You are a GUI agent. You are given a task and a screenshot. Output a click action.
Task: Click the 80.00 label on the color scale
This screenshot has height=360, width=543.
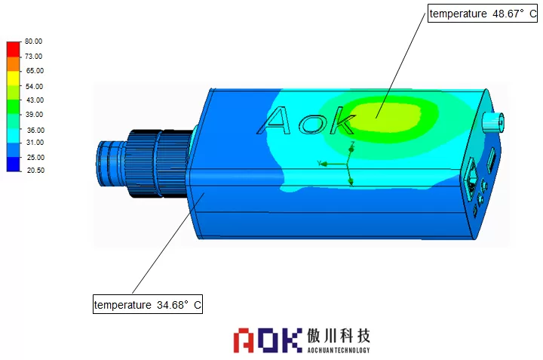(x=34, y=42)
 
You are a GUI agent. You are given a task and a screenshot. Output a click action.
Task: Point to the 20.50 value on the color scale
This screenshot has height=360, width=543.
(x=35, y=170)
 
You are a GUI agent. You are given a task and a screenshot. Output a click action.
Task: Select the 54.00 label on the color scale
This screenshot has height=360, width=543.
(x=34, y=86)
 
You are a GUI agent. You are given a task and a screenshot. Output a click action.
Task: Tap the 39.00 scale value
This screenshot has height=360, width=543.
(x=34, y=115)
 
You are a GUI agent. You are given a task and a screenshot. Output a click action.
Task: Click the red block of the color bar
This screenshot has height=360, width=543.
(x=14, y=49)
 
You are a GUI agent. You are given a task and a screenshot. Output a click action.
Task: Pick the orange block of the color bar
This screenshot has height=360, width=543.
(x=14, y=64)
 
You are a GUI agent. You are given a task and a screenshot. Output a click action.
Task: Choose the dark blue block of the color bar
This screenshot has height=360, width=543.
(x=14, y=164)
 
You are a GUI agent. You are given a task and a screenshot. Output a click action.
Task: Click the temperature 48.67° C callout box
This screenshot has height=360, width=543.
(x=483, y=14)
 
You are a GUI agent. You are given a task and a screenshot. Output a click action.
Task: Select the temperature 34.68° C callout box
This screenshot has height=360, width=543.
(x=148, y=304)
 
